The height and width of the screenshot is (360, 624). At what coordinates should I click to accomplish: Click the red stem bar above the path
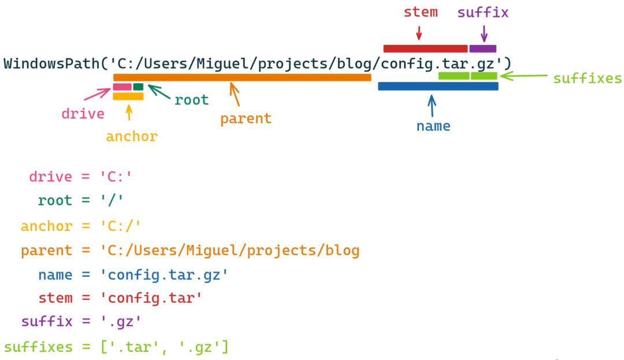(425, 49)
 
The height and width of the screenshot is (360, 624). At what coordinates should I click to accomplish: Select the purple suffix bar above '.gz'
(482, 49)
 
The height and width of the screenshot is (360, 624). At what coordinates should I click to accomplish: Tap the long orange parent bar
(242, 77)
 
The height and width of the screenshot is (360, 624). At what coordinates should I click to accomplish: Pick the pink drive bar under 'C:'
(122, 87)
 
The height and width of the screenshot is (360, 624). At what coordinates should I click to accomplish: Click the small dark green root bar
(138, 87)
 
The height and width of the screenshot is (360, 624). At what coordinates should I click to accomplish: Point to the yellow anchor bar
(128, 97)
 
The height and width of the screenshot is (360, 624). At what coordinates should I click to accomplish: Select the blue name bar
(438, 86)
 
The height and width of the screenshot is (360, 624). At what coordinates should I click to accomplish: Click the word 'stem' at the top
(420, 12)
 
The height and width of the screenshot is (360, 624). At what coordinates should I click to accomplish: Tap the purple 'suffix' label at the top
(483, 12)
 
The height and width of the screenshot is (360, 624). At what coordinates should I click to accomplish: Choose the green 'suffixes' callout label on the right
(587, 79)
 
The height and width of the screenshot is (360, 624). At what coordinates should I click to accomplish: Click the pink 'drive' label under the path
(83, 114)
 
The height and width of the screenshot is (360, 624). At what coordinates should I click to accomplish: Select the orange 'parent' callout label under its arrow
(246, 119)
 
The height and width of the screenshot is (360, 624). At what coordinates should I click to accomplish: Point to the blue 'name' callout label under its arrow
(433, 126)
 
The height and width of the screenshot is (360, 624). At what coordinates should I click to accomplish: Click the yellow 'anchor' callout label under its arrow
(132, 137)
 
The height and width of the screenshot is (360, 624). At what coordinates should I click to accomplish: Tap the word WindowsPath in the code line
(51, 64)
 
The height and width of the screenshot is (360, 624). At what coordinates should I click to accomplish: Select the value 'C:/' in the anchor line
(121, 226)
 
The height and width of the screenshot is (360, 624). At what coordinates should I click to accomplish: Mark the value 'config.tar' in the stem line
(151, 299)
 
